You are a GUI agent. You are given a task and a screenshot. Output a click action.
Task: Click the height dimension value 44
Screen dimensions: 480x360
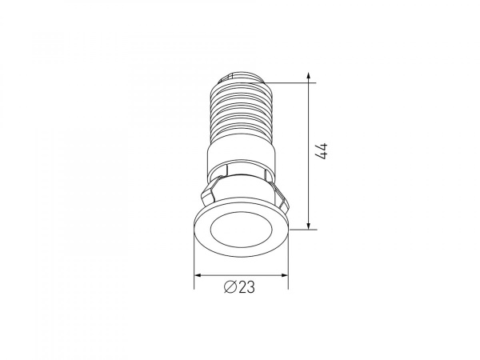[322, 151]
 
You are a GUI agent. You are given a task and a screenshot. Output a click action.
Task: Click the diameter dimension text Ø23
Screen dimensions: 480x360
[239, 287]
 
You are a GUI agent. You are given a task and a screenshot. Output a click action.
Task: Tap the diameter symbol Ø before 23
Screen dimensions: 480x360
[230, 287]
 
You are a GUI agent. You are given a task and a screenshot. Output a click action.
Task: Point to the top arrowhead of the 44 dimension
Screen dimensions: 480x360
[309, 76]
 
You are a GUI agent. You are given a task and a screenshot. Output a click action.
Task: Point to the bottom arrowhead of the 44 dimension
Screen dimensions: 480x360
[309, 226]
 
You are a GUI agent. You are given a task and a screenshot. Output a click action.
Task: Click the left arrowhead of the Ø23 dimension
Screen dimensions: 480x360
[198, 275]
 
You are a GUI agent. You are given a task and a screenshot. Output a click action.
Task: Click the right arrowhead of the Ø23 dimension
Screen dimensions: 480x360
[284, 275]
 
